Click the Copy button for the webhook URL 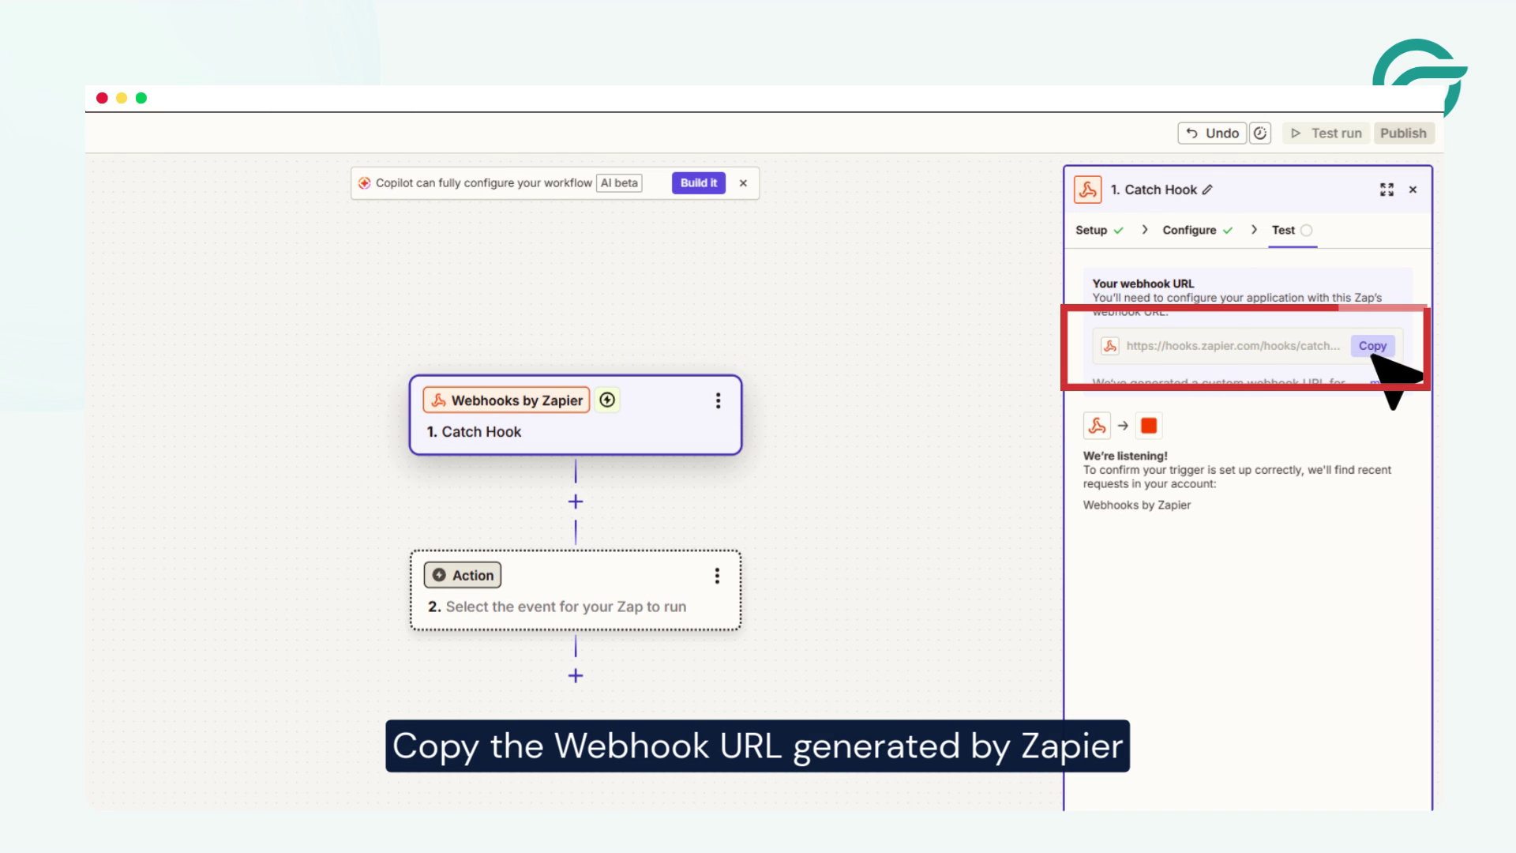(x=1372, y=346)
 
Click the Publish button (x=1403, y=133)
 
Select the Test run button (x=1326, y=133)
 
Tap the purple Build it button (x=698, y=183)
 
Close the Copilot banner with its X (x=743, y=183)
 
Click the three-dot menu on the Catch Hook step (x=718, y=400)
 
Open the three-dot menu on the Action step (x=717, y=576)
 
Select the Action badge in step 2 (x=463, y=576)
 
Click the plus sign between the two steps (x=576, y=502)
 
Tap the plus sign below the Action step (x=576, y=676)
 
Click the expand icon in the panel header (x=1387, y=190)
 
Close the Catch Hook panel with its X (x=1413, y=190)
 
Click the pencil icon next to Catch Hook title (x=1207, y=190)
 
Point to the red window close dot (x=102, y=98)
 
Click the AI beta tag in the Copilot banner (x=619, y=183)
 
